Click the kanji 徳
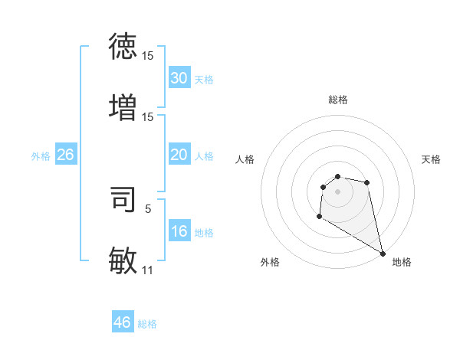(123, 46)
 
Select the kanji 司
(123, 198)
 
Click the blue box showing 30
(179, 78)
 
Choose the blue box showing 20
(179, 155)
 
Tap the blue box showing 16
(179, 231)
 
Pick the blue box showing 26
(65, 155)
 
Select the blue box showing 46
(123, 322)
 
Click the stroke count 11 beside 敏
(147, 270)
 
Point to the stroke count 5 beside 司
(148, 207)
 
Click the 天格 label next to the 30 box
(203, 80)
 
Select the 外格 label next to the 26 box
(41, 156)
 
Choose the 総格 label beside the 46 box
(147, 324)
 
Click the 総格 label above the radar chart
(337, 100)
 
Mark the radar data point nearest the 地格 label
(383, 253)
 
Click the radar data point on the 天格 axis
(367, 182)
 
